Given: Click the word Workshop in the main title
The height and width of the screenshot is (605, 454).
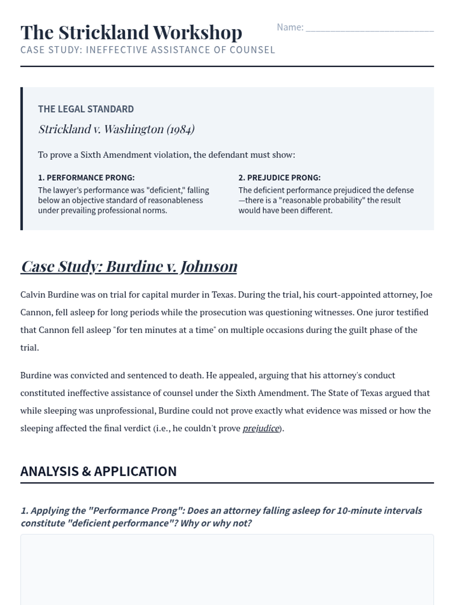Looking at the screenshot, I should [x=197, y=33].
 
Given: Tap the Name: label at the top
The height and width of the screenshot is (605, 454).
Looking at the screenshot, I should [x=290, y=27].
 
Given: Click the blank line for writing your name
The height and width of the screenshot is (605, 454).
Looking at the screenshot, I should [x=369, y=29].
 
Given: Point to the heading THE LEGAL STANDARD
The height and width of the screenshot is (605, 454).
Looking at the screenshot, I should [x=86, y=109].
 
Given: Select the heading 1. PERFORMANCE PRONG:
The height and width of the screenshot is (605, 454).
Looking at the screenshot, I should [x=86, y=178].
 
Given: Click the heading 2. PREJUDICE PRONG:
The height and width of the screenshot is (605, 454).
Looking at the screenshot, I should [x=279, y=178].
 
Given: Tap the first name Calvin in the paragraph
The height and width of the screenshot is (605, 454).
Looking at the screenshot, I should [x=33, y=295].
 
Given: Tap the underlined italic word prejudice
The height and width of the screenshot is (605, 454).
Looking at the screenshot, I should [x=261, y=428].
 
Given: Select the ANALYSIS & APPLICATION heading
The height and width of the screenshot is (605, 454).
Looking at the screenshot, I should [x=98, y=472].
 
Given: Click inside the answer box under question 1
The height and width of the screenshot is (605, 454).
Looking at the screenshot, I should [x=227, y=569].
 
